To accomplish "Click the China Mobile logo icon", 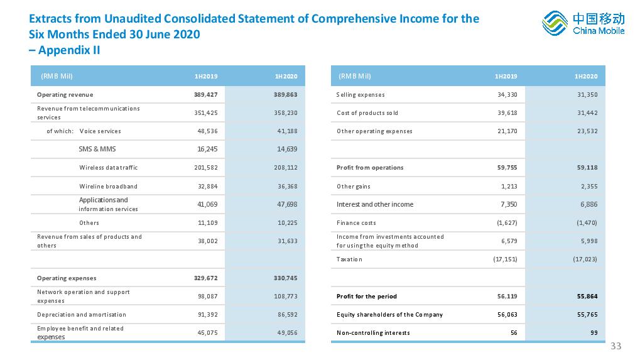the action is point(555,23).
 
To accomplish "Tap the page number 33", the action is point(616,346).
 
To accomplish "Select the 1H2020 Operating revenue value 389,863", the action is point(285,95).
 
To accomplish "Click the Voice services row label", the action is point(100,131).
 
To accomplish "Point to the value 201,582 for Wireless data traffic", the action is point(206,167).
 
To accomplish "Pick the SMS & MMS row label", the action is point(97,149).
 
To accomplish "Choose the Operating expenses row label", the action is point(67,278).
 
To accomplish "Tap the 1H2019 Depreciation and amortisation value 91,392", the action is point(208,314).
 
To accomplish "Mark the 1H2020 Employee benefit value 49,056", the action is point(288,332).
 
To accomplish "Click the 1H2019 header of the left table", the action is point(206,76).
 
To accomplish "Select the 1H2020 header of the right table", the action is point(586,76).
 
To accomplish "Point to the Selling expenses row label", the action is point(361,95).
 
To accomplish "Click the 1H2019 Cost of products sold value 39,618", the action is point(507,112).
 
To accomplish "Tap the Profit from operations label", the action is point(370,167).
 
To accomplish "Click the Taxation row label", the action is point(349,259).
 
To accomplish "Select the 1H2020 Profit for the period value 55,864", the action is point(587,297).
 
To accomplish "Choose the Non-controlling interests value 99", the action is point(594,332).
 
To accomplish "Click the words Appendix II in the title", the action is point(69,50).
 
